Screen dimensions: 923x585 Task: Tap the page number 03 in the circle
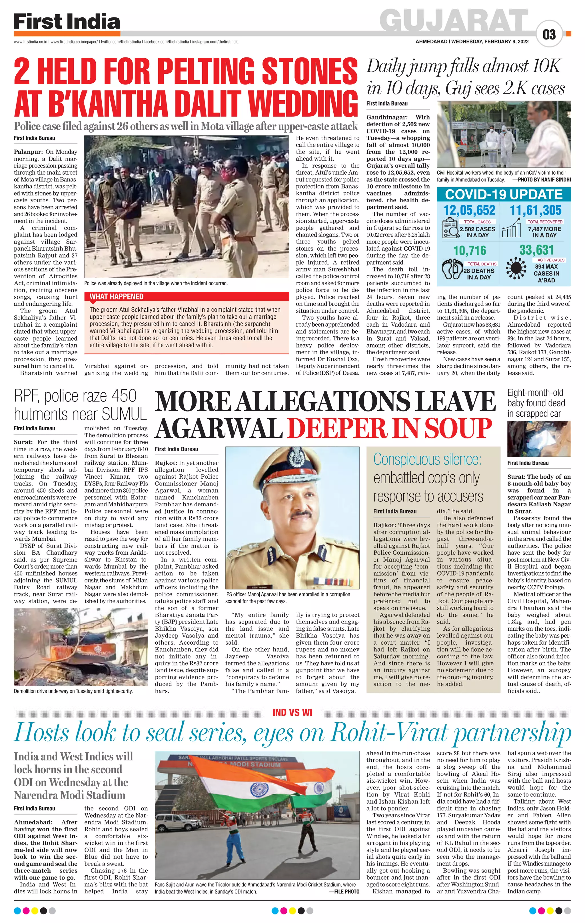(549, 35)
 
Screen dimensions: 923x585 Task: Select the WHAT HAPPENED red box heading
(117, 297)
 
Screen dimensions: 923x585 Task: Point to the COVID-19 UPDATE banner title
(504, 194)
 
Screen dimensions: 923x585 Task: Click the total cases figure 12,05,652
(469, 210)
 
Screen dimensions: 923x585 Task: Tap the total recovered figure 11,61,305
(535, 210)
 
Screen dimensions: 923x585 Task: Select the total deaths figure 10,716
(469, 251)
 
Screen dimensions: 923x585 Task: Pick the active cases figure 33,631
(536, 250)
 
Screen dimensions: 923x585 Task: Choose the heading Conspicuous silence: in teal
(427, 459)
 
